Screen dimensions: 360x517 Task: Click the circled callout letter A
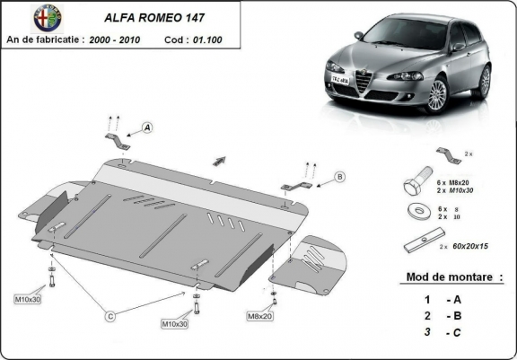pos(148,128)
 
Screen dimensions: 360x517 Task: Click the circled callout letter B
pos(339,177)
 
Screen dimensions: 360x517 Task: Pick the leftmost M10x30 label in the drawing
pos(28,298)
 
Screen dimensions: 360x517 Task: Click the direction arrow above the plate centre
pos(218,160)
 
